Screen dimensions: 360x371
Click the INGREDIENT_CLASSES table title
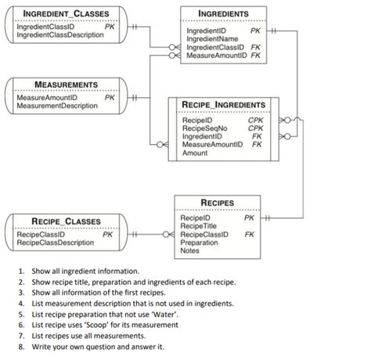66,14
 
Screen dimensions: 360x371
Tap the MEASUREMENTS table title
66,84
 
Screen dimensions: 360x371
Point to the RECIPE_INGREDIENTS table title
223,105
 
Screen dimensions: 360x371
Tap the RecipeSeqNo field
204,128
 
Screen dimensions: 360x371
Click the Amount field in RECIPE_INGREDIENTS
195,153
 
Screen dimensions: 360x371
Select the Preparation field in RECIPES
200,243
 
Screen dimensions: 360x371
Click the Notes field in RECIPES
190,251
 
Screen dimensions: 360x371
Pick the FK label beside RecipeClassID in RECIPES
249,234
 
